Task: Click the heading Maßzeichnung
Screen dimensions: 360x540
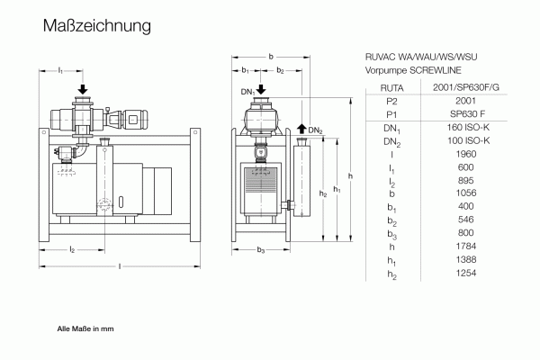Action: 96,27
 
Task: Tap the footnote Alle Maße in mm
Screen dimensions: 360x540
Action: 85,329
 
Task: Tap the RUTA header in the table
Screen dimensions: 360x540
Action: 391,87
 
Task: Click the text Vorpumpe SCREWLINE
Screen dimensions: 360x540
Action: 408,68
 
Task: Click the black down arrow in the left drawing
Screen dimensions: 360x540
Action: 83,89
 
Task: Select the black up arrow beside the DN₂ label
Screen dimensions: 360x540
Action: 301,130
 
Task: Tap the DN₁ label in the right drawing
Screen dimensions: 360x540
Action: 247,92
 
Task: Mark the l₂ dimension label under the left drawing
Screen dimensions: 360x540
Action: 72,249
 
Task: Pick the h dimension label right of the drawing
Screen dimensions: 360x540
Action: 350,175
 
